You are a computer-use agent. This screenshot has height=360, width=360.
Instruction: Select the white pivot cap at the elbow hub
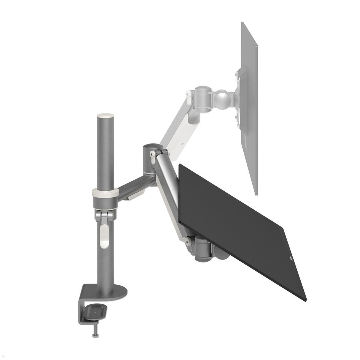tap(152, 154)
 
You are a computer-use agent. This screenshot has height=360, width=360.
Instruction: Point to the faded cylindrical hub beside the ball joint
tap(204, 97)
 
